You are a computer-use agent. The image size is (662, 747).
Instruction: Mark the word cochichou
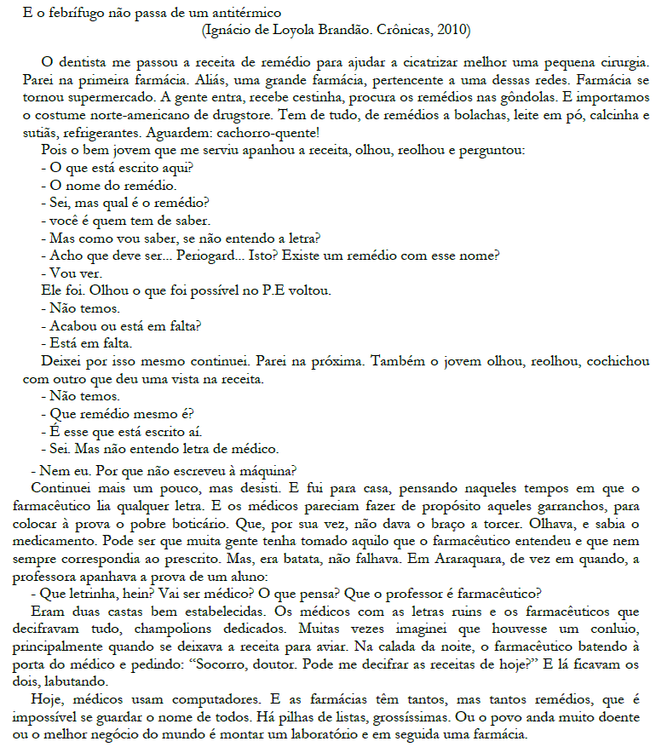(619, 361)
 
